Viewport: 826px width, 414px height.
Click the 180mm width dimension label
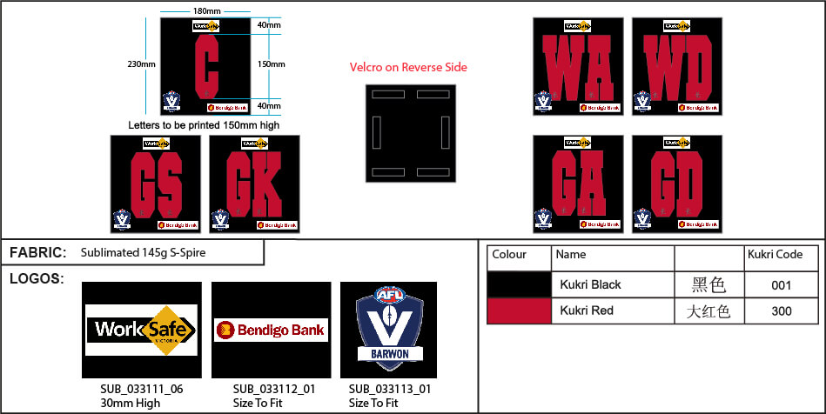tap(206, 11)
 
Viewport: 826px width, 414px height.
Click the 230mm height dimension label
tap(141, 63)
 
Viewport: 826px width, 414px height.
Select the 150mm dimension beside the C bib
tap(270, 63)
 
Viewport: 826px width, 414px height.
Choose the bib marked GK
tap(254, 184)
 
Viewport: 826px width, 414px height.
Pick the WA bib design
tap(578, 66)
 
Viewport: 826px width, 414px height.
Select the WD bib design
tap(676, 66)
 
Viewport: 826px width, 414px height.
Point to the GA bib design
tap(578, 184)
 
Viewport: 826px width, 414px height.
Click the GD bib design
tap(676, 184)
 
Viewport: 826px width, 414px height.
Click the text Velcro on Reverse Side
tap(408, 67)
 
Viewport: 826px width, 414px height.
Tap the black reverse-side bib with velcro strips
tap(410, 133)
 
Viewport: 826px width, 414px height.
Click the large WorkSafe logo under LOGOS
tap(142, 330)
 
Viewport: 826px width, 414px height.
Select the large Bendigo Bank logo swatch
tap(271, 330)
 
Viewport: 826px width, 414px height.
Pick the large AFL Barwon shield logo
tap(388, 330)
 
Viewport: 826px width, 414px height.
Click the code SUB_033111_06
tap(142, 389)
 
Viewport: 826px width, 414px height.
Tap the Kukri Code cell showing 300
tap(781, 310)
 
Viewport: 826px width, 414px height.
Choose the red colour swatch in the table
tap(519, 310)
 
